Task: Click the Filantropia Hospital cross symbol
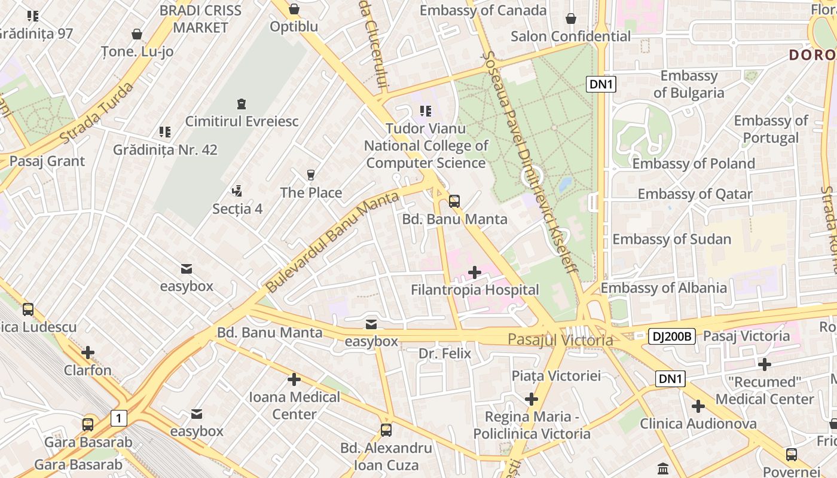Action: point(475,272)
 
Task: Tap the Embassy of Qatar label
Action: point(695,194)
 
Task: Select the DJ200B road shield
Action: point(671,336)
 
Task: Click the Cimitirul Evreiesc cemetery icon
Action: point(241,104)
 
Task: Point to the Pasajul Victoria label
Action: point(560,340)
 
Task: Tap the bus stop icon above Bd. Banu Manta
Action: point(454,201)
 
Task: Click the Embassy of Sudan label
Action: point(671,239)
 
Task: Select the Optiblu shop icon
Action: point(294,9)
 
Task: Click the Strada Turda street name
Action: point(96,114)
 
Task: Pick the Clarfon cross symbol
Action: point(88,353)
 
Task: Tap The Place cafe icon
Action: point(310,175)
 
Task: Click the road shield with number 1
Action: point(119,418)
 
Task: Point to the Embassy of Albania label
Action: point(663,288)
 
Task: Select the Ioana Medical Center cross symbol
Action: point(294,379)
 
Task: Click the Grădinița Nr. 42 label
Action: point(165,149)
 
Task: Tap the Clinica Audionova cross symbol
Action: point(698,406)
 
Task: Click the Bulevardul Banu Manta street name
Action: point(332,242)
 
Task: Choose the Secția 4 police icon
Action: point(237,191)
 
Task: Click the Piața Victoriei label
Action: point(556,376)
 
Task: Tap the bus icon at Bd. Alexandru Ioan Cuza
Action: point(386,430)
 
